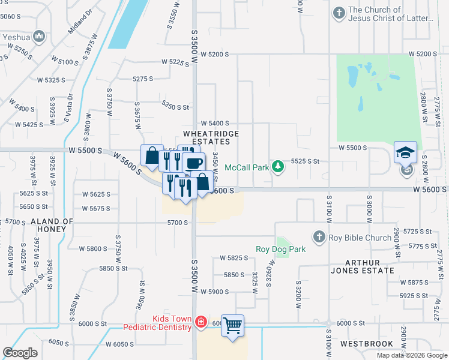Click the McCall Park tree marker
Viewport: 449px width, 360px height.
click(x=277, y=166)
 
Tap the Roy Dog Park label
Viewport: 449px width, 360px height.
click(x=281, y=249)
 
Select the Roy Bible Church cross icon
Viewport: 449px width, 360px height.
click(x=319, y=236)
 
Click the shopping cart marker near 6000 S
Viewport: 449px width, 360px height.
click(x=233, y=326)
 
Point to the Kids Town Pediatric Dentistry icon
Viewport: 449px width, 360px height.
click(x=201, y=323)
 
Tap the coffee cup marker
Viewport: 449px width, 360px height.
click(x=193, y=163)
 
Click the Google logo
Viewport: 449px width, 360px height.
click(x=20, y=353)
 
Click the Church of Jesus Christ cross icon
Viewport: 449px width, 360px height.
click(x=340, y=12)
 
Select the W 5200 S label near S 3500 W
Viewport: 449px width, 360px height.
click(x=215, y=54)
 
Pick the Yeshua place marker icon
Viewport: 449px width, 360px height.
click(x=40, y=37)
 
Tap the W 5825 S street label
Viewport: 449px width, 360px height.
click(x=234, y=258)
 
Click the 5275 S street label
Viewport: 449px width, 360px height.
click(x=143, y=79)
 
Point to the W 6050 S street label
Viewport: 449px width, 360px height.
click(x=119, y=344)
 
